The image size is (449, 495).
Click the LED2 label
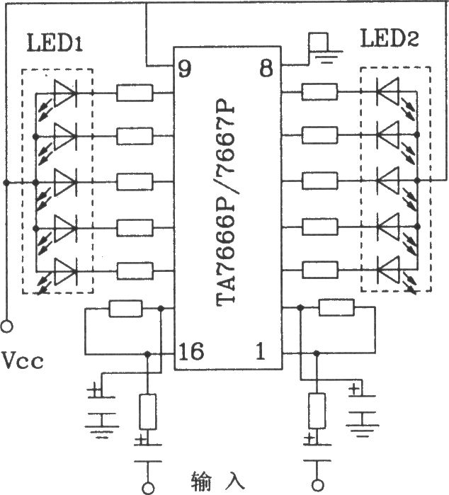[x=389, y=39]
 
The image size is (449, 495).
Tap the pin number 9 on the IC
[x=184, y=69]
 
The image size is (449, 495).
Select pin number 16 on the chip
[x=191, y=351]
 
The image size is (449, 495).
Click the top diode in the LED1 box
[x=65, y=92]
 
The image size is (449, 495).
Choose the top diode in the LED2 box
[x=387, y=92]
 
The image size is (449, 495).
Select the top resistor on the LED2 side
[x=320, y=92]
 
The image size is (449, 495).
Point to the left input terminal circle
[x=147, y=487]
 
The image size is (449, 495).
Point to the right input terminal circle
[x=313, y=487]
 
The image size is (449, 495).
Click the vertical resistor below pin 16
[x=147, y=411]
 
